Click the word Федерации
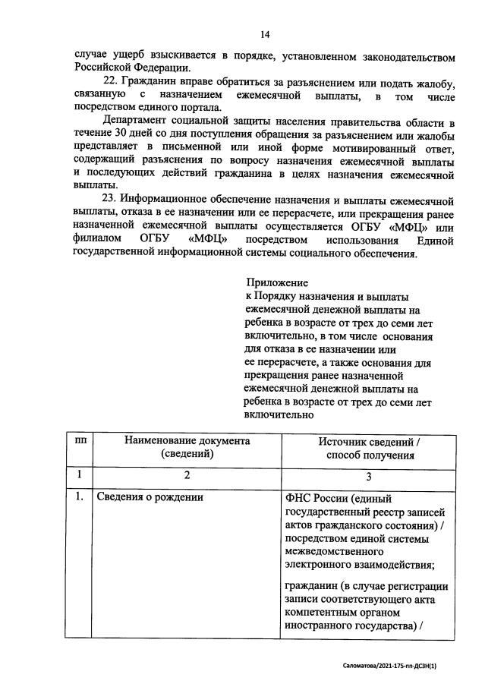pos(149,69)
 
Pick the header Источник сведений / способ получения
pos(369,448)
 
